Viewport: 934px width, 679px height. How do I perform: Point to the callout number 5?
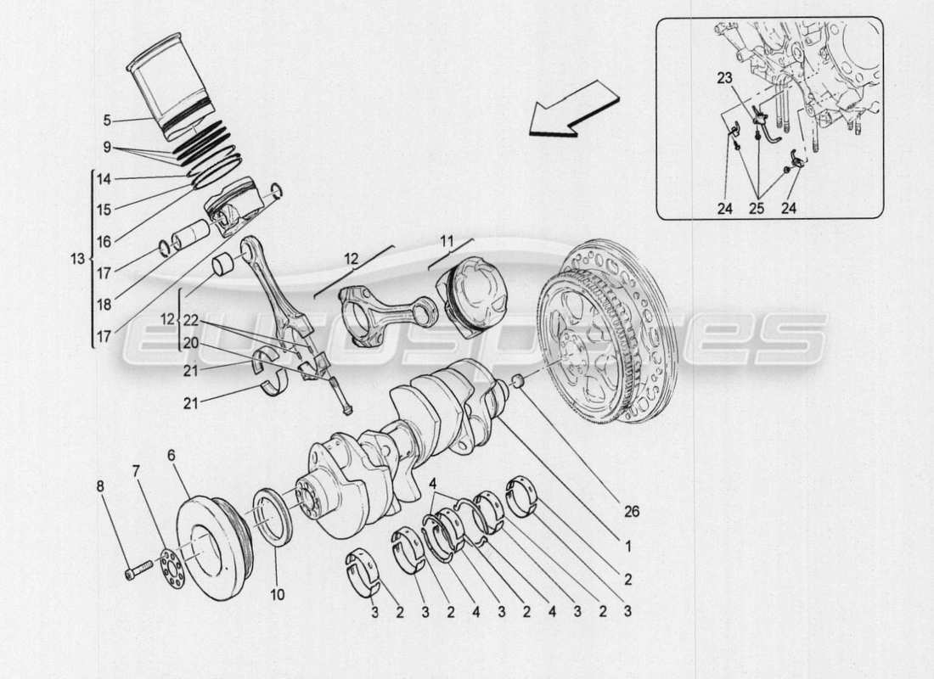[x=107, y=120]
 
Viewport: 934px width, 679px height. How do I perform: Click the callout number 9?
[x=107, y=146]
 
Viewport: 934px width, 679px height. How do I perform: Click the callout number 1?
[x=627, y=547]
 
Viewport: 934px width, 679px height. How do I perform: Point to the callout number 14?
[x=104, y=179]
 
